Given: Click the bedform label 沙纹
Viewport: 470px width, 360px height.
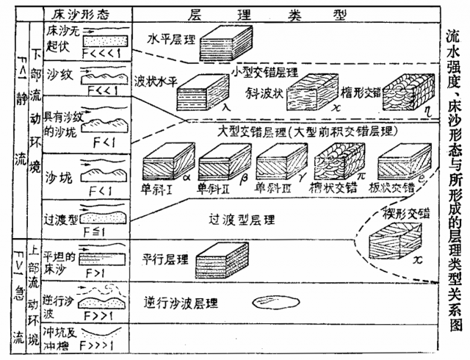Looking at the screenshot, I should pos(57,76).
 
